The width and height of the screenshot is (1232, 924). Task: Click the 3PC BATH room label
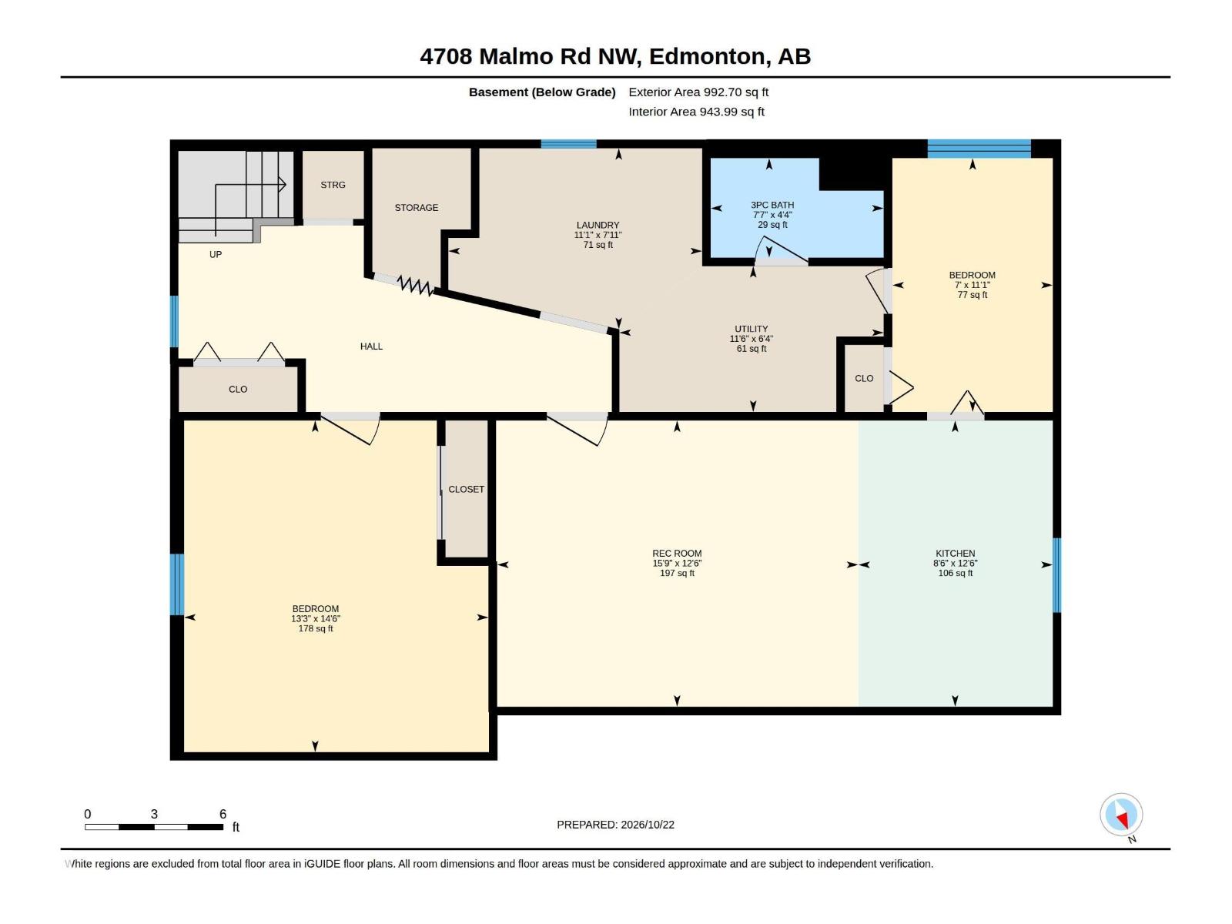coord(772,206)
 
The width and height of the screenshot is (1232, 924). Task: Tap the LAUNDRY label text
coord(598,225)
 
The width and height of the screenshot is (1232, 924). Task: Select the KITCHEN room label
coord(956,553)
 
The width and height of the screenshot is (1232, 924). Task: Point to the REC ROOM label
coord(677,553)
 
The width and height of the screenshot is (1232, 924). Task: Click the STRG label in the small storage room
coord(333,185)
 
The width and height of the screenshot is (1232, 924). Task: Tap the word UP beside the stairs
coord(216,254)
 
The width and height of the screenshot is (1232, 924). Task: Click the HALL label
coord(372,346)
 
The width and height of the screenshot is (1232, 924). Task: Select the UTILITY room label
coord(752,329)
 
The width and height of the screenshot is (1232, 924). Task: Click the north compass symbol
coord(1121,814)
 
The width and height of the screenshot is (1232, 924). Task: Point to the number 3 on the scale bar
coord(154,814)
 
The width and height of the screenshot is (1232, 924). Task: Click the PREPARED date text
coord(616,825)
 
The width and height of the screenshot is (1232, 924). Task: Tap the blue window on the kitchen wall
coord(1057,575)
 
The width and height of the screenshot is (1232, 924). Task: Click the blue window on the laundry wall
coord(568,144)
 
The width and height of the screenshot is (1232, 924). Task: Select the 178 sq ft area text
coord(316,628)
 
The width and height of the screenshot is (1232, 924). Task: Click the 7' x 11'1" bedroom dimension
coord(973,285)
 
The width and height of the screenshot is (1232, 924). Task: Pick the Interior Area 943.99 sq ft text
coord(697,112)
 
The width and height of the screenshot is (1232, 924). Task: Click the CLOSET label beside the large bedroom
coord(467,489)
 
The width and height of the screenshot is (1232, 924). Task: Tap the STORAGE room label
coord(417,208)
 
